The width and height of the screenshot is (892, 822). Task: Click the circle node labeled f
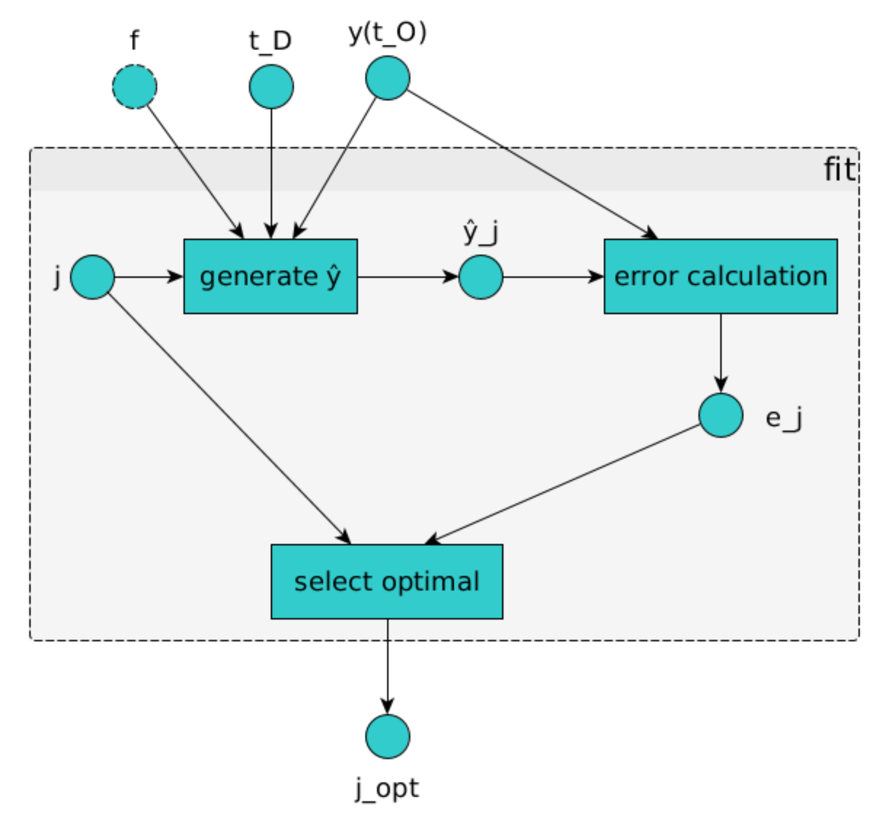pos(134,87)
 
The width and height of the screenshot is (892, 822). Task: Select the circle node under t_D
pos(271,87)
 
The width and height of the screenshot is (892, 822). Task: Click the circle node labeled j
pos(93,277)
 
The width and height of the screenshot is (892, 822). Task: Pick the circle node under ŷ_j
pos(481,277)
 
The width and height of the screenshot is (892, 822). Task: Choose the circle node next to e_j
pos(721,415)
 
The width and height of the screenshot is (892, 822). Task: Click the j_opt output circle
pos(388,737)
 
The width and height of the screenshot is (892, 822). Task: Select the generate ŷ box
pos(270,277)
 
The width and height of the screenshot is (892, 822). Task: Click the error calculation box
pos(721,277)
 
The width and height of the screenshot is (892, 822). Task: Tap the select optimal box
pos(387,581)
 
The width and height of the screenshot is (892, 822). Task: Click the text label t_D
pos(270,41)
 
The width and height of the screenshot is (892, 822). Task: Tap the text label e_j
pos(784,419)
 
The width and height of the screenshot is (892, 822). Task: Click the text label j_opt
pos(387,789)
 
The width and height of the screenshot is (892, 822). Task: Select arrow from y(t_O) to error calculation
pos(532,164)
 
